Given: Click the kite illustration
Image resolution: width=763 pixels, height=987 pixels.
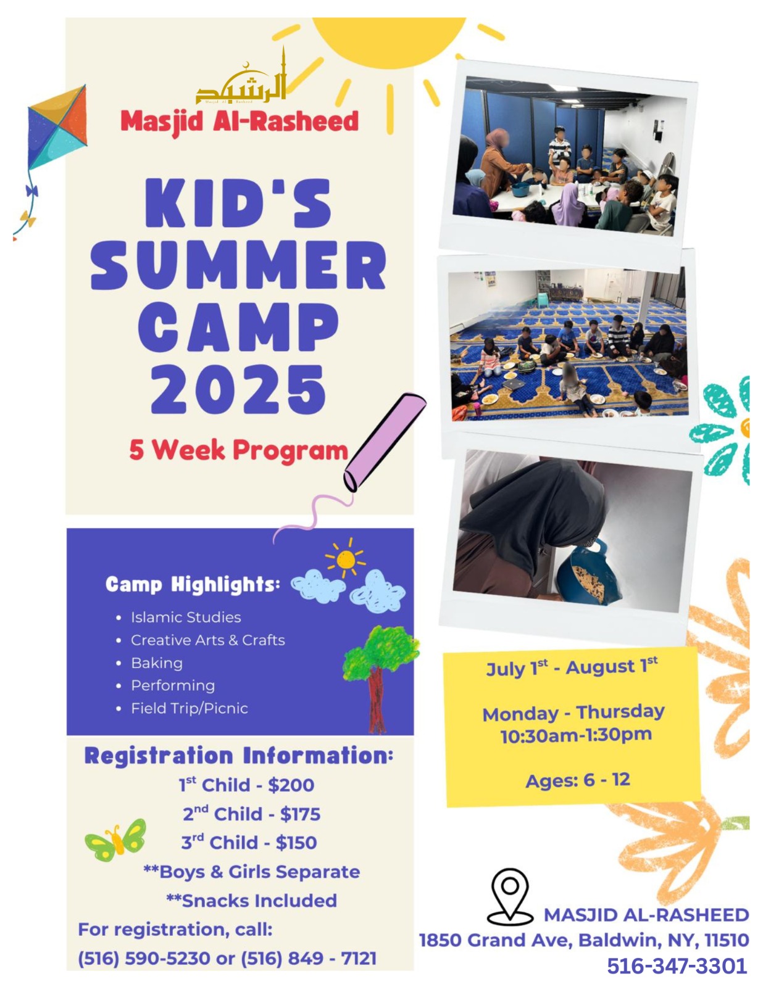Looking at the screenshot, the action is (x=57, y=130).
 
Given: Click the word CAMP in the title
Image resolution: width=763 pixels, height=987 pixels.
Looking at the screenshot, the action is (x=238, y=328).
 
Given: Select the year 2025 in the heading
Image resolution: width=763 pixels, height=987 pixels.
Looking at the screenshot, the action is (x=238, y=390).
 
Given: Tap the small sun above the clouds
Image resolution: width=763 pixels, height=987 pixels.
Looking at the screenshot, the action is (x=346, y=559).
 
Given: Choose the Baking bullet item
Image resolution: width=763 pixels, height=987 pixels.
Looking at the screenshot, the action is (x=157, y=663).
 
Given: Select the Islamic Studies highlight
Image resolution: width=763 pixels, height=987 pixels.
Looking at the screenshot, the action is (x=186, y=617).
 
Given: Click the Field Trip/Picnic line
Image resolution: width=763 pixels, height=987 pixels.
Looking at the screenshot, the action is (x=190, y=708).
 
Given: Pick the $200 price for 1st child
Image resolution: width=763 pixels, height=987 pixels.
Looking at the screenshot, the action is (x=291, y=785).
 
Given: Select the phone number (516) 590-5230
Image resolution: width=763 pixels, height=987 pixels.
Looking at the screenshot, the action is (x=144, y=959).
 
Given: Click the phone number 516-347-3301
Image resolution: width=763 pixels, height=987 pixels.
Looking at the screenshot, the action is (x=677, y=966).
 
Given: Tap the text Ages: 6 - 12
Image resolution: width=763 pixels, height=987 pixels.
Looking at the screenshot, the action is (x=578, y=780).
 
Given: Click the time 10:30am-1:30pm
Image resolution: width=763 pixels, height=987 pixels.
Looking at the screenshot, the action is (x=576, y=735).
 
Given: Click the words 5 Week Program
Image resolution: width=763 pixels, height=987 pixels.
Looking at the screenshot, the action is (x=238, y=450).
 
